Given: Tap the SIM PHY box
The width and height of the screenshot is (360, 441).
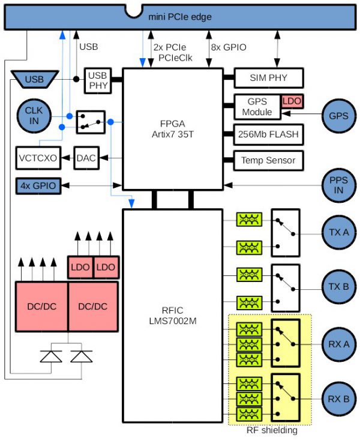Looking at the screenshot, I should click(268, 78).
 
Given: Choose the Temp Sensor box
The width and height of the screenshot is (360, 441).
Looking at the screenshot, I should click(268, 160).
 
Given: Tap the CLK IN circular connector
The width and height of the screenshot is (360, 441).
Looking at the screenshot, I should click(34, 115).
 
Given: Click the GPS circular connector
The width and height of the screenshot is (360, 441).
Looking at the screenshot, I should click(339, 115).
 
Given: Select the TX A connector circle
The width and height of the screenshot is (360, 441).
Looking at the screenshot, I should click(339, 232).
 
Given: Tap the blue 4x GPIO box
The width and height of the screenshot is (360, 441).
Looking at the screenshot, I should click(38, 185).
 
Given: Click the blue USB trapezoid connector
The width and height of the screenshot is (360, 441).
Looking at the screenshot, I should click(35, 79).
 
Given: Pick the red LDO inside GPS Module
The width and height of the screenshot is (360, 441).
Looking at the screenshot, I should click(291, 101).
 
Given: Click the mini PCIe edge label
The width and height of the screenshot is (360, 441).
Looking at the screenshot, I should click(179, 17).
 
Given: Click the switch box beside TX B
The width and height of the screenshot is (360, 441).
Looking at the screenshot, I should click(284, 286).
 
